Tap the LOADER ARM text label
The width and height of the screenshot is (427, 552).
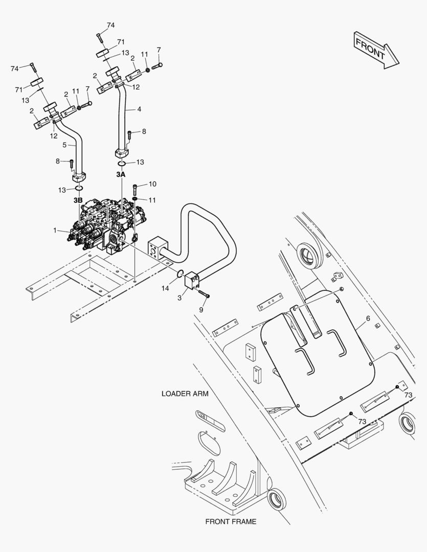[185, 394]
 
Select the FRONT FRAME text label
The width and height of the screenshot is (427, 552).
[231, 521]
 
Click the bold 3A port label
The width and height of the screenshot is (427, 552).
[121, 174]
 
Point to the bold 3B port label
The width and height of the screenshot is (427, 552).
[78, 200]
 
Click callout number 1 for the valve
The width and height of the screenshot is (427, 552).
[55, 230]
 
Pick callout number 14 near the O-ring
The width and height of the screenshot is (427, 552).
[165, 288]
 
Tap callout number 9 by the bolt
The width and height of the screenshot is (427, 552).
[201, 309]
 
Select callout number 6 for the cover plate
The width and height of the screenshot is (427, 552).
[368, 318]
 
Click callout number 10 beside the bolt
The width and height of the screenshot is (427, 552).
[152, 184]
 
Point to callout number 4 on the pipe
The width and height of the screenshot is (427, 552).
[139, 109]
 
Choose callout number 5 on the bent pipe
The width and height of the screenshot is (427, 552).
[64, 145]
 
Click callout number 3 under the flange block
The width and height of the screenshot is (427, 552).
[179, 298]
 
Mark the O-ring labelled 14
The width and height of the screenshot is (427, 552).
[179, 272]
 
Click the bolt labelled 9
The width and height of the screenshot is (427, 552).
[204, 293]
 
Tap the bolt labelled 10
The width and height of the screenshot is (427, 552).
[135, 190]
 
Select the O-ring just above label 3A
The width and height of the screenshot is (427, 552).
[122, 164]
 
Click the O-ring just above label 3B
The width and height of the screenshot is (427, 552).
[79, 189]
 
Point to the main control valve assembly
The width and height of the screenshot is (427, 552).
[106, 225]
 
